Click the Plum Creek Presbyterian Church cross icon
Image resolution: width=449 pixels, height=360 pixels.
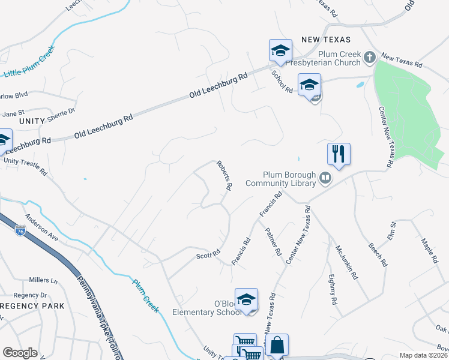pyautogui.click(x=370, y=58)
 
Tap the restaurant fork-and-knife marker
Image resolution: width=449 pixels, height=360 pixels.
pyautogui.click(x=339, y=154)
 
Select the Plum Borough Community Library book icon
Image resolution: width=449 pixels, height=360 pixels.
pyautogui.click(x=325, y=178)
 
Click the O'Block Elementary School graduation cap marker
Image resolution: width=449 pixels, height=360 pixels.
pyautogui.click(x=246, y=299)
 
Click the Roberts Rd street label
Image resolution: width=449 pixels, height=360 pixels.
pyautogui.click(x=224, y=175)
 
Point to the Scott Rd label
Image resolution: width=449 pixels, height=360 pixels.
pyautogui.click(x=208, y=255)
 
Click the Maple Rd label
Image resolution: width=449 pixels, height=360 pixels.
pyautogui.click(x=430, y=250)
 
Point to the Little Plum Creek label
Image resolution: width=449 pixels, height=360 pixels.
pyautogui.click(x=29, y=61)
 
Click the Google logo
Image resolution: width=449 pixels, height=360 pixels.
pyautogui.click(x=20, y=353)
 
